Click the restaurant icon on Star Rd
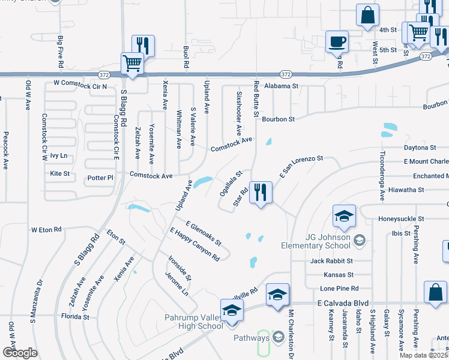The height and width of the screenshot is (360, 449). point(261,193)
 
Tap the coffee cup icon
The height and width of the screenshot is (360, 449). point(337,42)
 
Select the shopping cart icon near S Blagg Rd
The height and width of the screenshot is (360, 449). point(132,63)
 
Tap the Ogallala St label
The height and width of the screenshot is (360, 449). point(231,182)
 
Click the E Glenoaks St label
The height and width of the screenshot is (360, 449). point(203,233)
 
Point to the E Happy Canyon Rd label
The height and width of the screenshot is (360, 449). point(194,244)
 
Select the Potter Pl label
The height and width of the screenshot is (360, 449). point(100,178)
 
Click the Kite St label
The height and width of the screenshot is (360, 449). point(60,173)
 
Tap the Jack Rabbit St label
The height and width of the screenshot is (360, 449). point(332,261)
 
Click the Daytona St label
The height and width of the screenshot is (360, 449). point(420,148)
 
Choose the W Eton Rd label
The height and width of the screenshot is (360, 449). point(46,229)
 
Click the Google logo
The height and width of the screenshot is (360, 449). point(20,352)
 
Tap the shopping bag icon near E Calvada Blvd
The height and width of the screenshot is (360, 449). point(435,293)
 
